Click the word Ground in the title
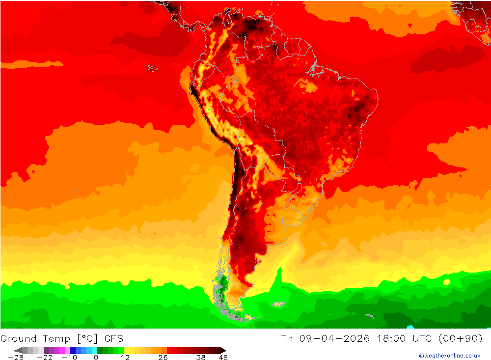[x=19, y=338]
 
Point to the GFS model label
[x=113, y=338]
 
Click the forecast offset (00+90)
[x=462, y=338]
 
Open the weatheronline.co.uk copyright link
[x=449, y=356]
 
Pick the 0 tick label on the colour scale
[x=96, y=358]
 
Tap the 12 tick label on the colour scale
[x=125, y=358]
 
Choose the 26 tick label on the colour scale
[x=163, y=358]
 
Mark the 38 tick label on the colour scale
[x=200, y=358]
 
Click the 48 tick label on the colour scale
[x=223, y=358]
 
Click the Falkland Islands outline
[x=278, y=304]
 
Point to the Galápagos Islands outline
[x=151, y=68]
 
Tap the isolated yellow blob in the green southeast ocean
[x=446, y=282]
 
